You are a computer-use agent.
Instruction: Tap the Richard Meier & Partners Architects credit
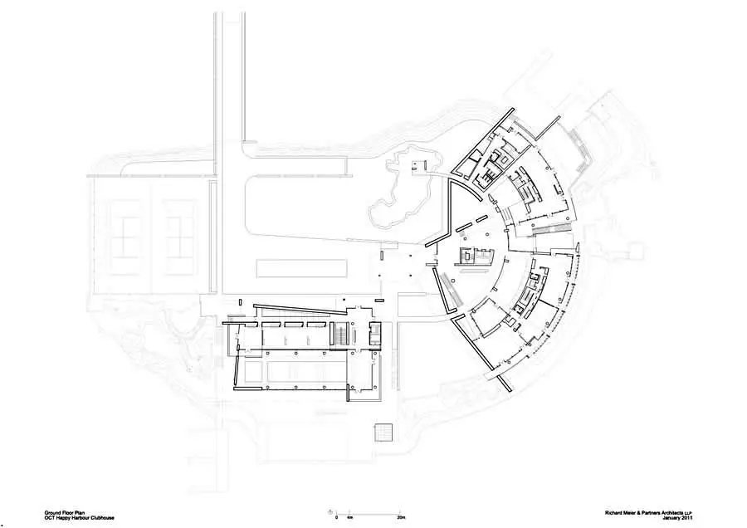649,513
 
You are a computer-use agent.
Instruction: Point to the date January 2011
680,517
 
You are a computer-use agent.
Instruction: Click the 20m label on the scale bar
401,517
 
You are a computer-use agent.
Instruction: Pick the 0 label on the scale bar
336,517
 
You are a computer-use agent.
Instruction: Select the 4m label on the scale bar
349,517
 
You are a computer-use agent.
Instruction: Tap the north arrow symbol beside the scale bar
330,511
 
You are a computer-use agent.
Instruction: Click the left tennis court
129,237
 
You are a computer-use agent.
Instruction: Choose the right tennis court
180,237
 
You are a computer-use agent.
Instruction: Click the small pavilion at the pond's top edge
417,165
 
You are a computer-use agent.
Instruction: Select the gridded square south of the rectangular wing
383,433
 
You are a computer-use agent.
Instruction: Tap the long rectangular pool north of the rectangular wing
301,268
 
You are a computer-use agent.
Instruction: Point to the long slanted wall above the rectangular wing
300,309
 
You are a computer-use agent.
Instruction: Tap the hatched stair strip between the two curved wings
551,230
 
